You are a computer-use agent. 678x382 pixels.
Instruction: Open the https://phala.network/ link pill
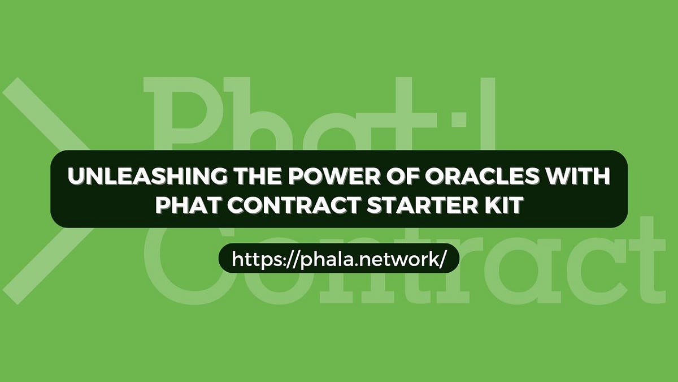pyautogui.click(x=339, y=259)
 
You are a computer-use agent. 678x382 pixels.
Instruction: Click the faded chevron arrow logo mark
pyautogui.click(x=45, y=187)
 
